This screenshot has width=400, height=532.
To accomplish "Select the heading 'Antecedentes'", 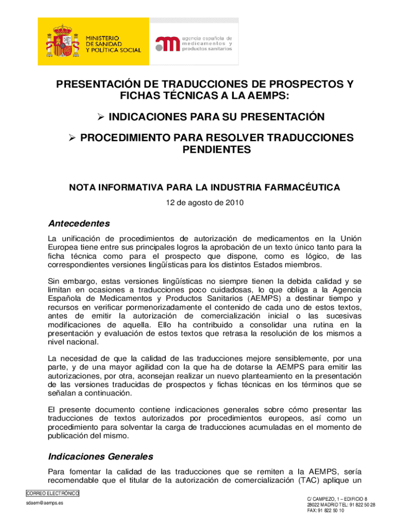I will pos(79,224).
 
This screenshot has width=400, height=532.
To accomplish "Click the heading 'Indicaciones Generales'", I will pos(100,457).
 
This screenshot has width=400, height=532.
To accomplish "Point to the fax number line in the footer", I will pos(325,511).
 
